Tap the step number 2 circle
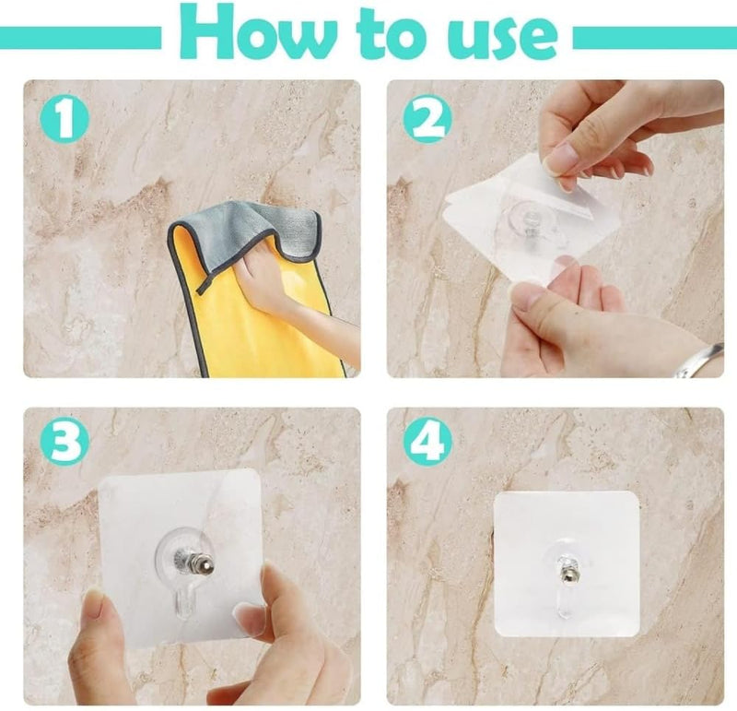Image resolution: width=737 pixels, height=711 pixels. pos(427,121)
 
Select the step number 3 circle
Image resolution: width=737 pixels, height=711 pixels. pos(66,444)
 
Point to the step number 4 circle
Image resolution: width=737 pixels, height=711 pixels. pos(427,444)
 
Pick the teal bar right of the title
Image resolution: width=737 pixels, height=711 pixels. pos(654,38)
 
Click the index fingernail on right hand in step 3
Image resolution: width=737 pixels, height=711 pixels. pos(251,615)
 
